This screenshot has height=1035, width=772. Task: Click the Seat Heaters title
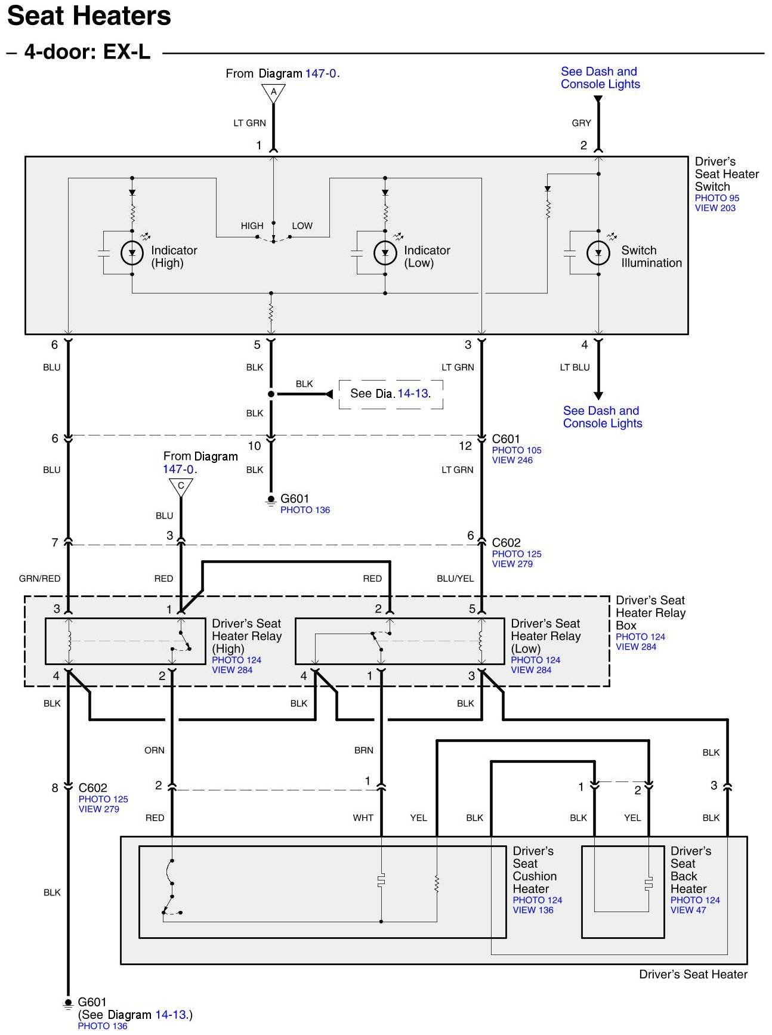coord(89,16)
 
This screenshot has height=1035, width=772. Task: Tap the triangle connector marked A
coord(273,92)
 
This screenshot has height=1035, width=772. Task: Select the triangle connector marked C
coord(181,487)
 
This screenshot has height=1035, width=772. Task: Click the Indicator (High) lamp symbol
coord(132,254)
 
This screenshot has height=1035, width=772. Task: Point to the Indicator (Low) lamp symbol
coord(385,254)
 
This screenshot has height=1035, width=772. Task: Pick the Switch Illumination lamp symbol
coord(598,254)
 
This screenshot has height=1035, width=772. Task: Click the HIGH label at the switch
coord(252,225)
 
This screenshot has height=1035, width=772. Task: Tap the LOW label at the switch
coord(302,225)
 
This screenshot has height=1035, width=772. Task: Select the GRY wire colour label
coord(581,123)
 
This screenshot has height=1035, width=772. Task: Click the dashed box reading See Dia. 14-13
coord(391,394)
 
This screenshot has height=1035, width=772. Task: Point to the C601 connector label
coord(506,439)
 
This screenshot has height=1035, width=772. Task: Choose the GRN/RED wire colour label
coord(39,578)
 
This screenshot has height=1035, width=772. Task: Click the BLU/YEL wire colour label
coord(455,578)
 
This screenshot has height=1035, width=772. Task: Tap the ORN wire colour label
coord(154,750)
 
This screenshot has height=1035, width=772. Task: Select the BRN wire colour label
coord(363,750)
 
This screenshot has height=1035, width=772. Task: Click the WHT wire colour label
coord(363,818)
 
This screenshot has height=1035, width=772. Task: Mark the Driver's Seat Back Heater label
coord(690,870)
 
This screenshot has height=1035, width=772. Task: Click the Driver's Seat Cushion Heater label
coord(534,870)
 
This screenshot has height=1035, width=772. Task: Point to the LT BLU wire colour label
coord(575,367)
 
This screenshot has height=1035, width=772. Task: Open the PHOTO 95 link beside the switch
coord(717,198)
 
